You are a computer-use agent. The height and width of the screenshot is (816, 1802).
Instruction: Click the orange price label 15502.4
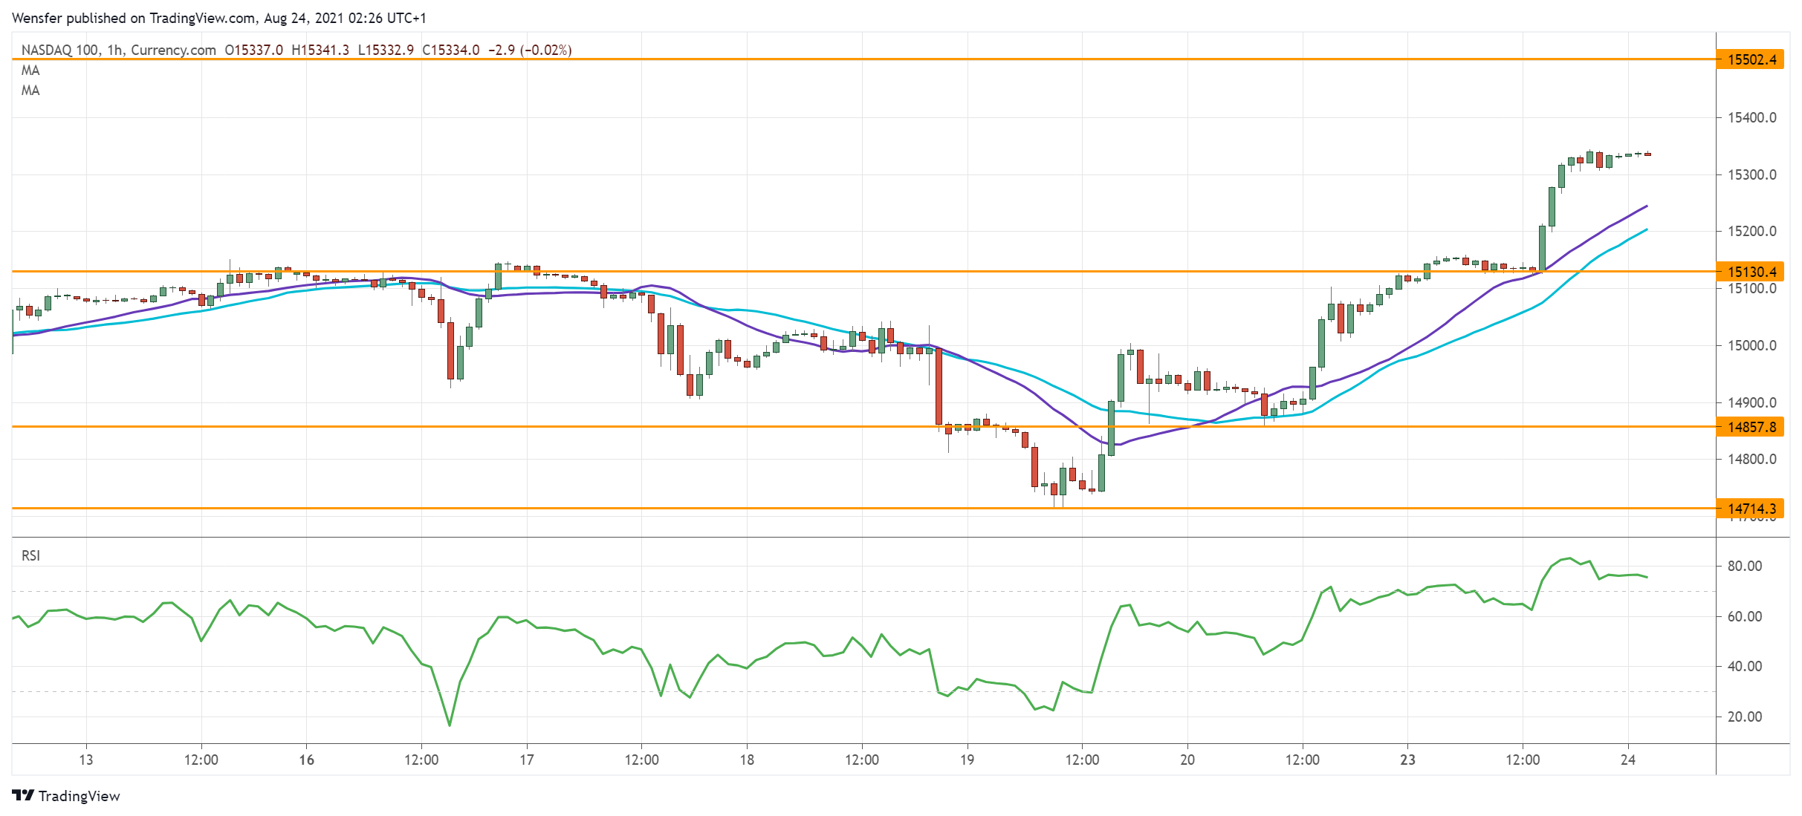click(1751, 59)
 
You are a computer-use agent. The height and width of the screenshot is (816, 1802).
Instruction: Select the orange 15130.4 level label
click(1751, 272)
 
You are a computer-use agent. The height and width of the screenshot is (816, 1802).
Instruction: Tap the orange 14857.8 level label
click(1751, 427)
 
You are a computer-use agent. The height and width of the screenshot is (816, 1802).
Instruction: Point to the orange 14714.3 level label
click(1751, 509)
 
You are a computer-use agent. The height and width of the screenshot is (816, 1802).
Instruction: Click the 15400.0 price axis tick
click(1751, 117)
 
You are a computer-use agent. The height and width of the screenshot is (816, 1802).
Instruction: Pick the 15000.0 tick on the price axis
click(1751, 345)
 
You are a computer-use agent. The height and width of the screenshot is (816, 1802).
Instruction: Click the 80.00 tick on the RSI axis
click(1744, 566)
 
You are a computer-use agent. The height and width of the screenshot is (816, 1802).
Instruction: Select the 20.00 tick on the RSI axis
click(1744, 717)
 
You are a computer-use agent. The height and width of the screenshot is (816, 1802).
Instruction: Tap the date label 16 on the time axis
click(306, 760)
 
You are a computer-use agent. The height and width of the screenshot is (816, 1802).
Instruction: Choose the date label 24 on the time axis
click(1627, 760)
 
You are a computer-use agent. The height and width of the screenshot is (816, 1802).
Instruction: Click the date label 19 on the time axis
click(967, 760)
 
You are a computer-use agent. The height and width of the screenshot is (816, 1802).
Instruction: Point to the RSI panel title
click(30, 555)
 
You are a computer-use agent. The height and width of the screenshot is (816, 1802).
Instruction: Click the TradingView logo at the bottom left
click(66, 796)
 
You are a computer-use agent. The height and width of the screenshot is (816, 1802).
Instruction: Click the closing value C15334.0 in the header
click(451, 50)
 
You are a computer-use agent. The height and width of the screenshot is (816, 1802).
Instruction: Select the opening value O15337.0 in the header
click(254, 50)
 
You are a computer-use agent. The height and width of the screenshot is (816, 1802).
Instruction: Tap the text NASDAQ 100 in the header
click(59, 50)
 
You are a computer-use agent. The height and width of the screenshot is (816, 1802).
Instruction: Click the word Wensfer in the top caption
click(37, 18)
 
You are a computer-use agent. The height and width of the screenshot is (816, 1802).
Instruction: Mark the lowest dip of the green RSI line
click(450, 725)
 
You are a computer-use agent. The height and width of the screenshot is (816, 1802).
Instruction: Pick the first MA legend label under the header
click(30, 71)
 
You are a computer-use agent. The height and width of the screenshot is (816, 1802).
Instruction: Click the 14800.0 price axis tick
click(1751, 459)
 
